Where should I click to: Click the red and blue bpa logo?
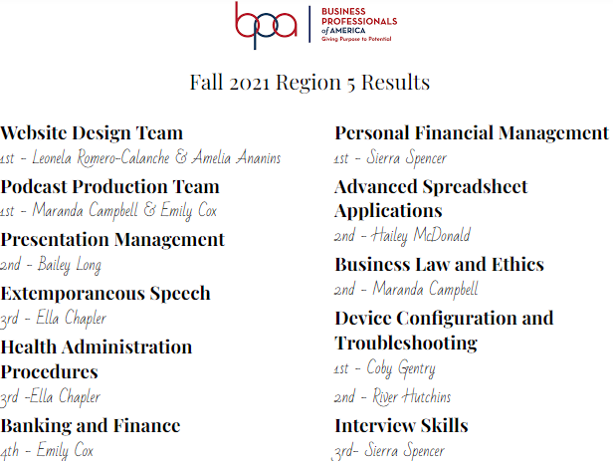click(x=266, y=24)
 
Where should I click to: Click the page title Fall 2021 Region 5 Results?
click(x=309, y=83)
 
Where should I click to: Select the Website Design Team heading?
click(x=92, y=133)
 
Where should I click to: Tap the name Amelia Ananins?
click(x=237, y=158)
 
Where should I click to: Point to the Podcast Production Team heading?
click(x=109, y=186)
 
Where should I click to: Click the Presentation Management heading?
click(x=112, y=240)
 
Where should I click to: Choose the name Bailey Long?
click(x=70, y=265)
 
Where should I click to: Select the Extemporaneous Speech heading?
click(x=105, y=294)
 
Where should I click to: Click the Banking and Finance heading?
click(x=91, y=425)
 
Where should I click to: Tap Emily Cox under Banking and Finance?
click(x=65, y=450)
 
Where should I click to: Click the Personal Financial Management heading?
click(x=472, y=133)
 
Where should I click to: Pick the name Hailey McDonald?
click(x=421, y=235)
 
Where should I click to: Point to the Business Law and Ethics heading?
click(x=440, y=265)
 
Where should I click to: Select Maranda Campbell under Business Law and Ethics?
click(x=425, y=290)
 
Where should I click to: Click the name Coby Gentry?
click(x=401, y=368)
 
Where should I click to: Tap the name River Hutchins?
click(x=412, y=396)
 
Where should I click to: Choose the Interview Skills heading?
click(x=401, y=425)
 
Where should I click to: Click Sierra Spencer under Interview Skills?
click(x=405, y=450)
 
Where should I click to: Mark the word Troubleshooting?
click(x=406, y=344)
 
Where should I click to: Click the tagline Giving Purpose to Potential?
click(x=356, y=39)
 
